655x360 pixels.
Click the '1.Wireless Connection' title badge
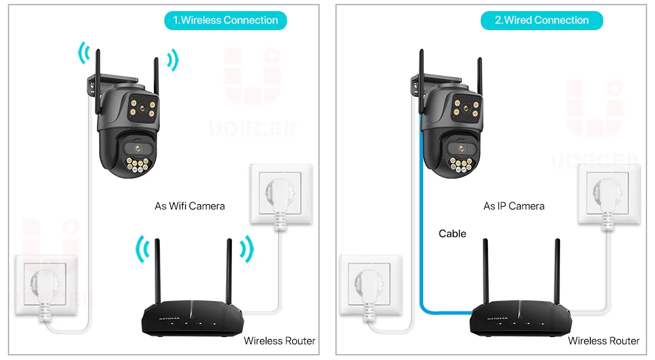tap(225, 20)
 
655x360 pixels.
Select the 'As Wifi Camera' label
tap(189, 206)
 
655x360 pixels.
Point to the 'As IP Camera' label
tap(514, 206)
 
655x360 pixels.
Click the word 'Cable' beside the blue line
tap(452, 234)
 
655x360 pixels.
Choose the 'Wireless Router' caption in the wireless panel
tap(279, 341)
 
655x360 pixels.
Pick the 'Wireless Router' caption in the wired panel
tap(603, 341)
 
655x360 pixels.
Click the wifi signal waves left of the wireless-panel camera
tap(83, 54)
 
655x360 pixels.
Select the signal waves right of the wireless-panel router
tap(246, 249)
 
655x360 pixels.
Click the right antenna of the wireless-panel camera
tap(156, 69)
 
